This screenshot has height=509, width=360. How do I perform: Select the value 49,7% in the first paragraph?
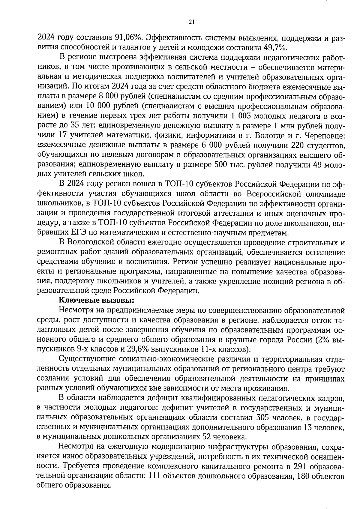pos(276,48)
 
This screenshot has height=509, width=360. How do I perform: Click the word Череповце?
pos(325,136)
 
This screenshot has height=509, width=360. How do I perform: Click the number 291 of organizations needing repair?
pos(301,466)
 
